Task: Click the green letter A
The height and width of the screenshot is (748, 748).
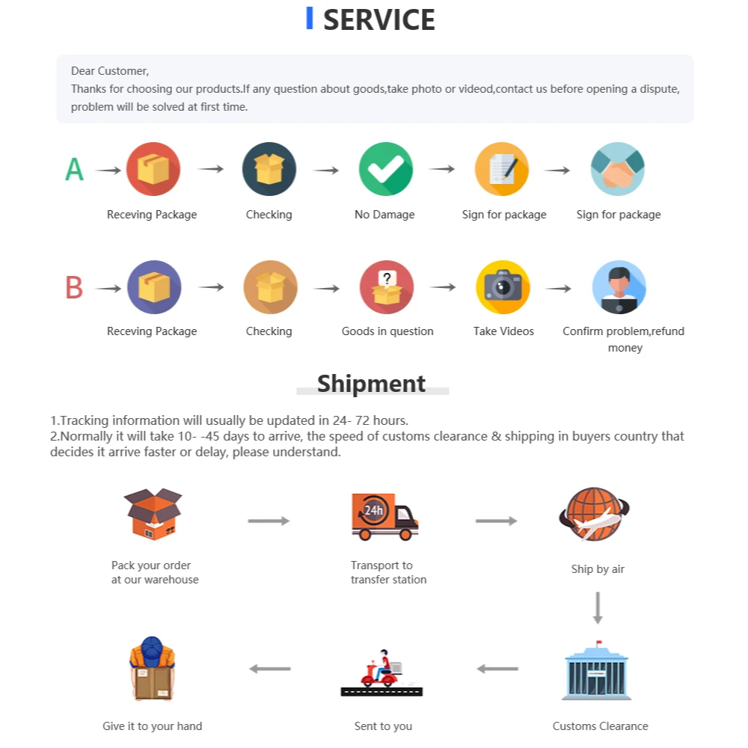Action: coord(74,170)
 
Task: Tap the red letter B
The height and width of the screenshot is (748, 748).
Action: coord(74,287)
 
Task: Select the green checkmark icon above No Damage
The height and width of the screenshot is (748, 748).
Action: coord(386,169)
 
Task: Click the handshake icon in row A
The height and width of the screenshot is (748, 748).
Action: coord(618,169)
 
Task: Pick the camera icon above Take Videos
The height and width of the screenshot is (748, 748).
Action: coord(503,287)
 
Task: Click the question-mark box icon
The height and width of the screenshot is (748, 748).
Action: coord(386,287)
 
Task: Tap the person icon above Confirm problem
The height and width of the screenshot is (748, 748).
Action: coord(619,287)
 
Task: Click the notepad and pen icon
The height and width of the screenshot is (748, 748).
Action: coord(502,169)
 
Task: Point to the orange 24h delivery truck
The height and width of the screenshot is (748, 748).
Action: coord(384,516)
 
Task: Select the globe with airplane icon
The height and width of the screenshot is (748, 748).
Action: coord(594,515)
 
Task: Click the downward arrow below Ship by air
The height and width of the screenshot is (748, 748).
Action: coord(597,607)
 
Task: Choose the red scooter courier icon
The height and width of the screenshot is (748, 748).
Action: coord(381,672)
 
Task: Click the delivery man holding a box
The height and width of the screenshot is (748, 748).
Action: coord(152,669)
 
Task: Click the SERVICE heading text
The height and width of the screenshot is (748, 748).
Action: coord(378,20)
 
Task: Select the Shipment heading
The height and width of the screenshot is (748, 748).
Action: coord(371,384)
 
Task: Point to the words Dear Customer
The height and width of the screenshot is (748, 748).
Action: coord(110,71)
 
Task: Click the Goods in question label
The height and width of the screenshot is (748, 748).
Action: coord(387,331)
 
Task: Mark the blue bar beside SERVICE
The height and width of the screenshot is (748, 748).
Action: coord(310,19)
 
